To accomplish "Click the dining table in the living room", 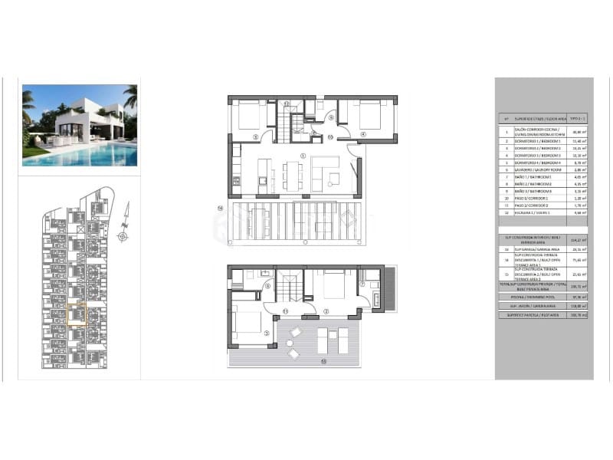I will coord(293,174).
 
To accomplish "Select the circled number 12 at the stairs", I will coord(287,103).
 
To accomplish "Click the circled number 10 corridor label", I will coord(329,137).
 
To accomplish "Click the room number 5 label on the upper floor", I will coord(266,333).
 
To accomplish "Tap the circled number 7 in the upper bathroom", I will coord(362,285).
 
